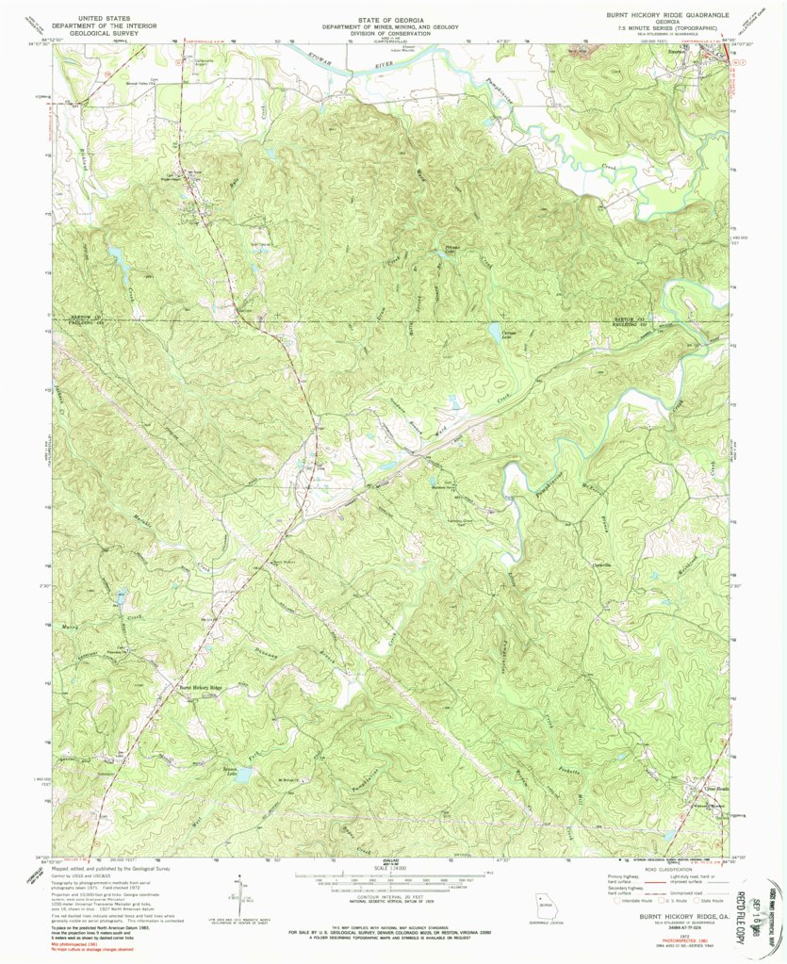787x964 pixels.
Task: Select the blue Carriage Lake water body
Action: click(494, 331)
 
